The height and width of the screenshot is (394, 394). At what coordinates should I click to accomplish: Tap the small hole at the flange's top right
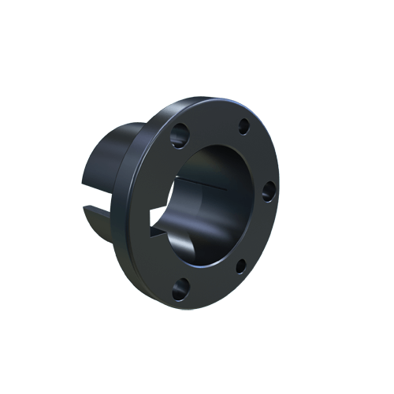[243, 125]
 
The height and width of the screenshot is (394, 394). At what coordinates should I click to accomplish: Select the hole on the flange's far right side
[268, 189]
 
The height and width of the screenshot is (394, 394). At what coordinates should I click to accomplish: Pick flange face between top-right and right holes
[260, 154]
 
